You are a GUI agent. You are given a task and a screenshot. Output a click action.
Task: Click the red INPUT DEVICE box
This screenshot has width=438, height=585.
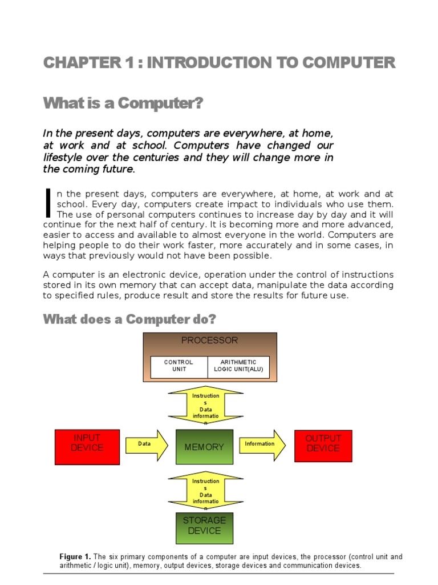coord(87,446)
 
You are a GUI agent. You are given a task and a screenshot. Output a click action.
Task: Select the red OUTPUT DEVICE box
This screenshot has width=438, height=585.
coord(323,446)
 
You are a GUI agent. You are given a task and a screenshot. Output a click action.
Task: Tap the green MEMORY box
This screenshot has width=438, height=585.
coord(205,447)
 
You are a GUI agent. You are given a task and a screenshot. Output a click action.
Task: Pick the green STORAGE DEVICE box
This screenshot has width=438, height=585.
coord(205,526)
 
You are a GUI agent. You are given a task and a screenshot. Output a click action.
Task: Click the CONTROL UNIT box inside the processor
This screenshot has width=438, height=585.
coord(179,366)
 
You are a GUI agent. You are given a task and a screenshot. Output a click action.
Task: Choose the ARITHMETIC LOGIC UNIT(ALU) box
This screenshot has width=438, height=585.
coord(238,366)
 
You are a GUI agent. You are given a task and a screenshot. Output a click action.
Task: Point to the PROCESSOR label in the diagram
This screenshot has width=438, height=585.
coord(209,340)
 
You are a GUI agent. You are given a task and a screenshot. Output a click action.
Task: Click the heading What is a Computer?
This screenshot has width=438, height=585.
coord(123,104)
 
